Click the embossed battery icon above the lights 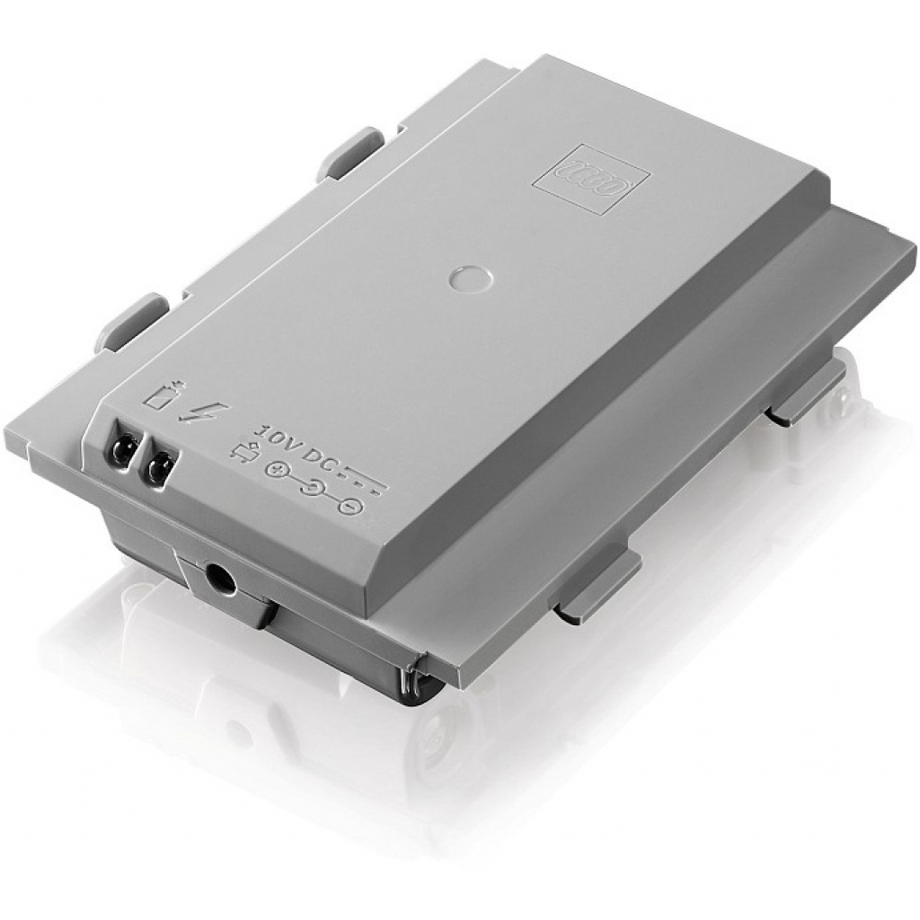point(165,396)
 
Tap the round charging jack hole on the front point(219,574)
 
